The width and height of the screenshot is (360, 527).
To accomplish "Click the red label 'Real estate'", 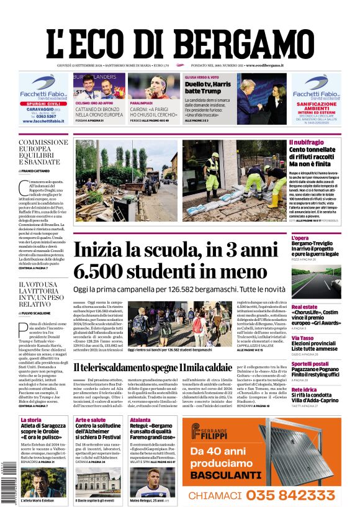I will [x=305, y=307].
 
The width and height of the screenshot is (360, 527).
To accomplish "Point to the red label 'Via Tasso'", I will [x=302, y=338].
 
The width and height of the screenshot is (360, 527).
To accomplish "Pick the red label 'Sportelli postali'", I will [x=310, y=364].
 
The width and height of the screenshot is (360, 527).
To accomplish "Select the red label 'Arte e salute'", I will [x=91, y=420].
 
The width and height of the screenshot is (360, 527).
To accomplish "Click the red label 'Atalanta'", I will [x=140, y=420].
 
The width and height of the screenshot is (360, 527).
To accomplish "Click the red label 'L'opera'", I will [x=300, y=238].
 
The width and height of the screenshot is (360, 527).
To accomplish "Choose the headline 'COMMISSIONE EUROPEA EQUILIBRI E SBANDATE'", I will [x=43, y=152].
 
